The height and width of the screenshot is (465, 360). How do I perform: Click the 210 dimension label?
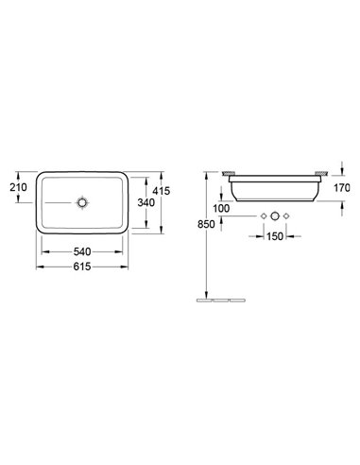pyautogui.click(x=18, y=187)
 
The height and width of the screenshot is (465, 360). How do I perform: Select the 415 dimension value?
pyautogui.click(x=161, y=191)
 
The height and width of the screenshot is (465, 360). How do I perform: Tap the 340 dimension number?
pyautogui.click(x=146, y=202)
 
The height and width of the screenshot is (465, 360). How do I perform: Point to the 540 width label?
pyautogui.click(x=82, y=251)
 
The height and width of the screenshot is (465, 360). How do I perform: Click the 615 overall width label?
pyautogui.click(x=82, y=267)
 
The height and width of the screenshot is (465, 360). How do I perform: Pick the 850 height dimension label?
pyautogui.click(x=206, y=224)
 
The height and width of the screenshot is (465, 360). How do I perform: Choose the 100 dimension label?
pyautogui.click(x=221, y=208)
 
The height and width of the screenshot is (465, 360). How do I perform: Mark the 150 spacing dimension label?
pyautogui.click(x=275, y=236)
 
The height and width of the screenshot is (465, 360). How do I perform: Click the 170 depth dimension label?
pyautogui.click(x=342, y=188)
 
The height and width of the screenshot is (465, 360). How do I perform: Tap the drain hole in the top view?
pyautogui.click(x=82, y=202)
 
